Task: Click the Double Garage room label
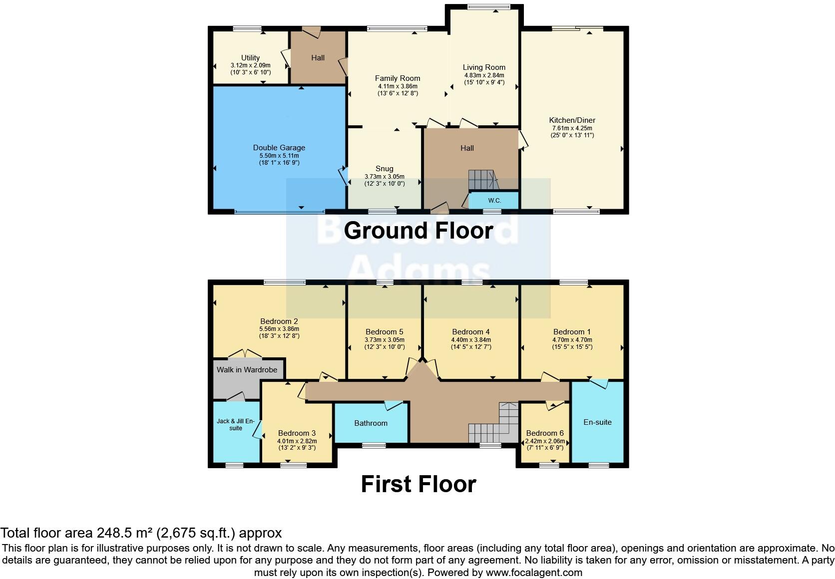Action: (279, 148)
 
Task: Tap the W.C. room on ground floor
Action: (494, 201)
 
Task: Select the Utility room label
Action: (250, 58)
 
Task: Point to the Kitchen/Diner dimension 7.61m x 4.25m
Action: (572, 128)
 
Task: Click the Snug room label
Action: (384, 169)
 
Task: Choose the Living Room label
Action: (484, 67)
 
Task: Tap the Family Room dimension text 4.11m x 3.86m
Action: (398, 86)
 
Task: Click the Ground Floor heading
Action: (418, 231)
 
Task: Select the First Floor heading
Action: (418, 484)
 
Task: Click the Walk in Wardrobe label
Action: (247, 370)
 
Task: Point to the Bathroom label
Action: (371, 423)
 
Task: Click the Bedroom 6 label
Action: (545, 433)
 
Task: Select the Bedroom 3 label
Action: (297, 433)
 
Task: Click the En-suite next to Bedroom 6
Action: (597, 422)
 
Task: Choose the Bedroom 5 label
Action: (384, 332)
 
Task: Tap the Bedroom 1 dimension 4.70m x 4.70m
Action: (572, 340)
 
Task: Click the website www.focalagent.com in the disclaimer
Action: (534, 573)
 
